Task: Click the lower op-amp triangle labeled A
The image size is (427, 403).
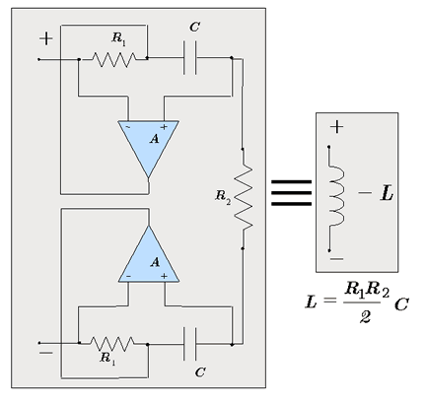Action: (149, 259)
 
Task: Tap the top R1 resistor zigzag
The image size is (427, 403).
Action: (113, 59)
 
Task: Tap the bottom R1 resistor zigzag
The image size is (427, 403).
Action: (112, 344)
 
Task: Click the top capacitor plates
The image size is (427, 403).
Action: (190, 58)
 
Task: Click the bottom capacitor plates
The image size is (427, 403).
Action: (190, 344)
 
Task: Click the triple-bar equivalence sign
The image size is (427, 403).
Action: (291, 193)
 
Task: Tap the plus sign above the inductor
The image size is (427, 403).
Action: (336, 127)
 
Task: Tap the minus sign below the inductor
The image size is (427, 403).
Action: (336, 259)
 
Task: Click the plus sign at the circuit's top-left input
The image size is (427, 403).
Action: (46, 38)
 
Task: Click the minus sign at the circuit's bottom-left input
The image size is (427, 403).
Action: (45, 353)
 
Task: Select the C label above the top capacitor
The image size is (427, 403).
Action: (194, 27)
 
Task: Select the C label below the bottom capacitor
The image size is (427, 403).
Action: (200, 372)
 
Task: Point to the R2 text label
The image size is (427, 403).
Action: (223, 197)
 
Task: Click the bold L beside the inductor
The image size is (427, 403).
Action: (387, 193)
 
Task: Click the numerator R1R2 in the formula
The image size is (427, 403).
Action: (367, 290)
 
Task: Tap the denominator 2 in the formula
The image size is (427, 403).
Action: (365, 317)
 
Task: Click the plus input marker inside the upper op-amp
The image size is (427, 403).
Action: (164, 127)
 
